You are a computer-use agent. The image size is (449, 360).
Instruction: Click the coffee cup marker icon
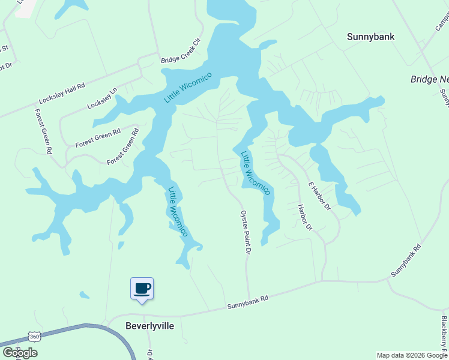point(142,289)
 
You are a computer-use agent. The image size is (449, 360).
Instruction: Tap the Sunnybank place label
point(371,37)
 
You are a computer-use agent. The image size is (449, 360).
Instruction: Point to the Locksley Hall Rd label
point(62,93)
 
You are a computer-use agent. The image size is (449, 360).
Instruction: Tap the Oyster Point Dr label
point(244,232)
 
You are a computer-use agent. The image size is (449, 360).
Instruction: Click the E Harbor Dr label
point(319,196)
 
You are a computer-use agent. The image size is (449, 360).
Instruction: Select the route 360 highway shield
point(34,337)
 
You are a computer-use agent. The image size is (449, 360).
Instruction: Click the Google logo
point(19,352)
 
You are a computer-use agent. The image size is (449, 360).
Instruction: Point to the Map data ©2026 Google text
point(412,355)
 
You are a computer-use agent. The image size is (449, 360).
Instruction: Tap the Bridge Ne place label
point(429,79)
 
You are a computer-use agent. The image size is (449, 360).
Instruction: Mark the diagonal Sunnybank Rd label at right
point(406,260)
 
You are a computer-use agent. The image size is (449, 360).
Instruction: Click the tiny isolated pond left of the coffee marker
point(85,295)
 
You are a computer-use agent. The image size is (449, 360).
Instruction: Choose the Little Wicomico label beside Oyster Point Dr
point(256,173)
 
